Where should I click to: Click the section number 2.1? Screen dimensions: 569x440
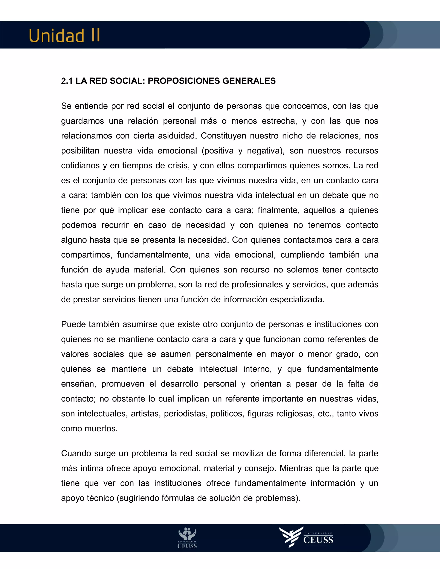pyautogui.click(x=67, y=81)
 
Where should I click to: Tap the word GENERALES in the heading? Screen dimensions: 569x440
pyautogui.click(x=249, y=81)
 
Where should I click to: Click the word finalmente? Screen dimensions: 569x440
pyautogui.click(x=278, y=210)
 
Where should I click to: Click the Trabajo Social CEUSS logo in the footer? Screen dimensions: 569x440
pyautogui.click(x=187, y=538)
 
